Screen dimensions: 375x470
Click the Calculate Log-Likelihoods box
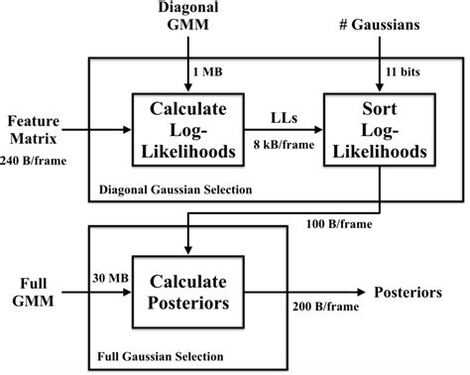click(x=186, y=129)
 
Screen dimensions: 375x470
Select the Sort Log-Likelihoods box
click(x=378, y=129)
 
